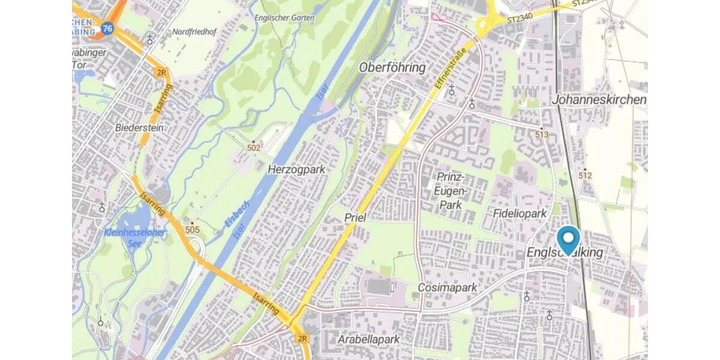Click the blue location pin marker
[568, 239]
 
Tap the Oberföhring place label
[392, 67]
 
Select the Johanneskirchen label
[599, 100]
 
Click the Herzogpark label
[296, 169]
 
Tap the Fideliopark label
[519, 214]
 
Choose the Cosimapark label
[448, 288]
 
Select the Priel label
[355, 217]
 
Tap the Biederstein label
[139, 128]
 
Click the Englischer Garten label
[284, 18]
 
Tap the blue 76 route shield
[107, 28]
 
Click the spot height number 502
[253, 147]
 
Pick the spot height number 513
[542, 135]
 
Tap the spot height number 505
[193, 229]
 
